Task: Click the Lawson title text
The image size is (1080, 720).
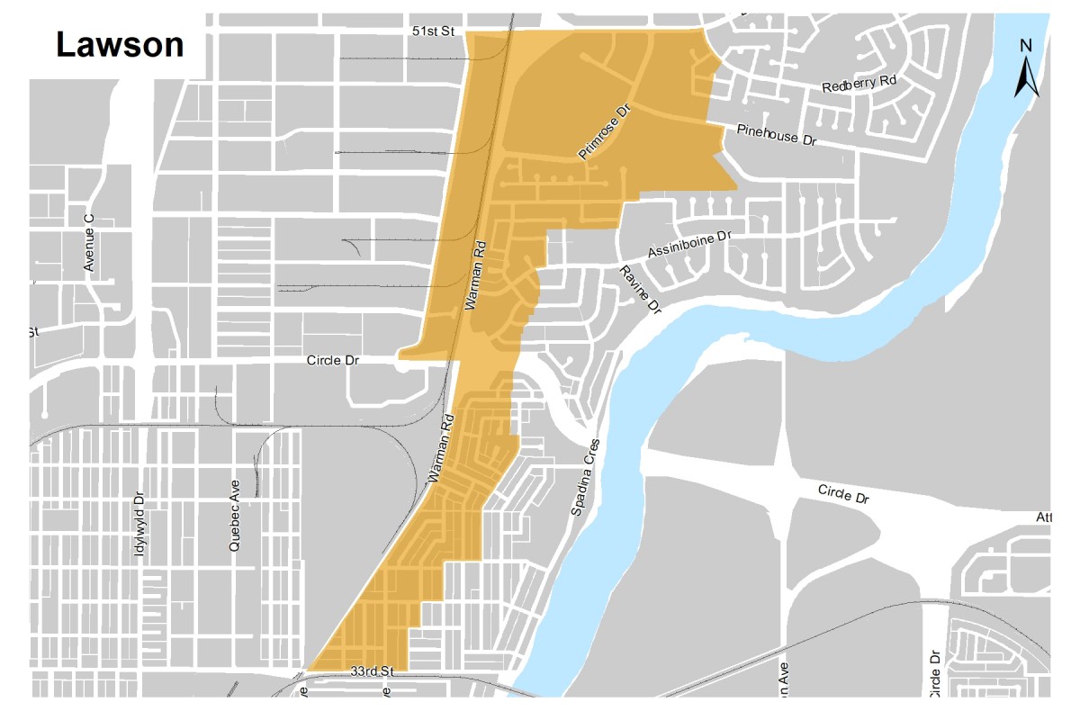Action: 120,44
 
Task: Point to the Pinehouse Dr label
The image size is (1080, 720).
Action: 776,136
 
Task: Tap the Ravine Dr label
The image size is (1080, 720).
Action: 640,290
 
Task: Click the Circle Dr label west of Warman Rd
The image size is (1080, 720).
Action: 333,360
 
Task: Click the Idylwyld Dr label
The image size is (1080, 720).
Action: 139,524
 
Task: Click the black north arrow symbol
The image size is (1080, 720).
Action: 1027,78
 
